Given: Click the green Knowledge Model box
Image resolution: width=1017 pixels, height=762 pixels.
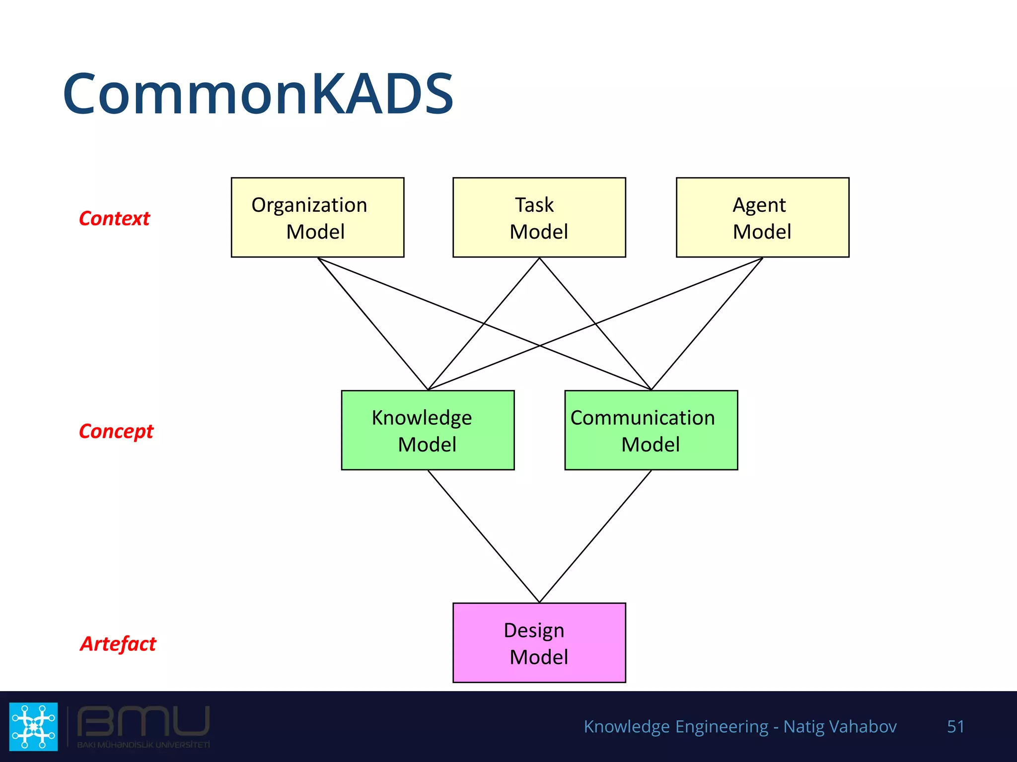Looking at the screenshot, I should click(428, 431).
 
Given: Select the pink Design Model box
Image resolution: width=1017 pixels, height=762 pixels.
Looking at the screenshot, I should click(539, 643).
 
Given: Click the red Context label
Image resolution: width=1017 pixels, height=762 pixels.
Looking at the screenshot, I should click(114, 219).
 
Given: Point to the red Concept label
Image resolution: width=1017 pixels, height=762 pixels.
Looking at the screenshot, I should click(116, 432).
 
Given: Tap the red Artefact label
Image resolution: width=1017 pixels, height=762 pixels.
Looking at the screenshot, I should click(118, 644).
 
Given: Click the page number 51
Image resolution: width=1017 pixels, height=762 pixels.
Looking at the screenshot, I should click(955, 726).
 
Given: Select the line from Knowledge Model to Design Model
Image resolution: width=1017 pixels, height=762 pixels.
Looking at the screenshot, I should click(483, 536).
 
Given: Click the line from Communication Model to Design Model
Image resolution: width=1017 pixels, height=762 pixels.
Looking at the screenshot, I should click(595, 536).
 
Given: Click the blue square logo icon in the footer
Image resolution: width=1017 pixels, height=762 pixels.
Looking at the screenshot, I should click(33, 726).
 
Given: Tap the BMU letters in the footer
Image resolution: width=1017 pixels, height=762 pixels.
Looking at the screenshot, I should click(144, 721).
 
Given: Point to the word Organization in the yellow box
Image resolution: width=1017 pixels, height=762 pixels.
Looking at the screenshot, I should click(309, 205).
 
